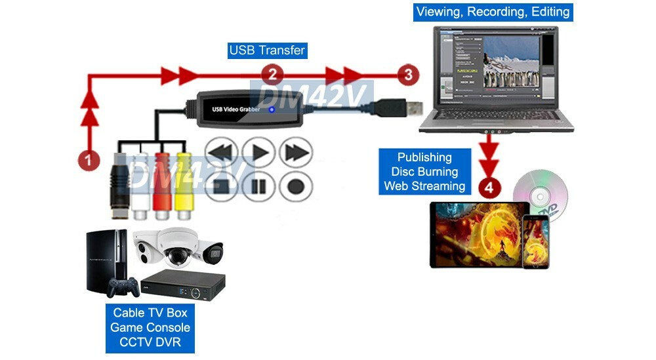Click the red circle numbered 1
click(x=89, y=159)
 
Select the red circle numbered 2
click(x=272, y=75)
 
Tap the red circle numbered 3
click(x=408, y=75)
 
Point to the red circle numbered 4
click(x=489, y=188)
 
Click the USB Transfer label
click(x=267, y=50)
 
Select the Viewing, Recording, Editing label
click(x=493, y=12)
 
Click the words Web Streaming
click(x=424, y=186)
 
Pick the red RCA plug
click(x=162, y=184)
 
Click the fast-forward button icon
click(x=295, y=153)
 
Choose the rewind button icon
click(x=222, y=153)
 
